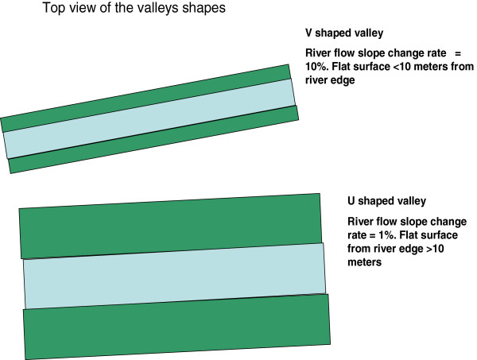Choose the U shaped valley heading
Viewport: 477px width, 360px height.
[x=387, y=200]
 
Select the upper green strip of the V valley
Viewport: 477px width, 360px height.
[x=147, y=96]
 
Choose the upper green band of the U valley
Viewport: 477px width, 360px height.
[x=171, y=225]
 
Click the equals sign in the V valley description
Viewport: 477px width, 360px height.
[x=460, y=52]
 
